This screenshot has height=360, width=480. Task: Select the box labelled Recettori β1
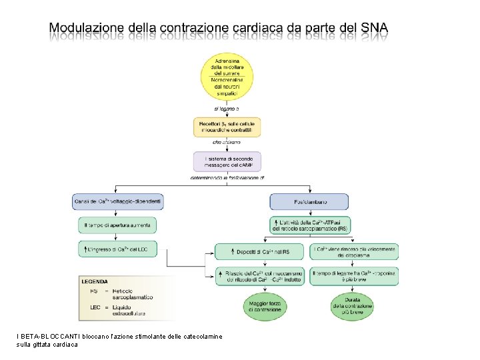[227, 127]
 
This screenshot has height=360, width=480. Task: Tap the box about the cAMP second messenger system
[227, 161]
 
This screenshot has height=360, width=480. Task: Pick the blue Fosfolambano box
[309, 201]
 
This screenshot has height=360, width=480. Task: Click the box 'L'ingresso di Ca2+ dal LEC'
[117, 249]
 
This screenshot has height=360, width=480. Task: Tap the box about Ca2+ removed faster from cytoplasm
[354, 251]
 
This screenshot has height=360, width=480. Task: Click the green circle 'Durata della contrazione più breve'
[354, 306]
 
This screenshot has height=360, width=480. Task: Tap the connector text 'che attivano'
[227, 142]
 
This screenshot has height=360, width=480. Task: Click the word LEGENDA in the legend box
[95, 281]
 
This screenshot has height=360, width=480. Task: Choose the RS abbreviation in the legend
[93, 291]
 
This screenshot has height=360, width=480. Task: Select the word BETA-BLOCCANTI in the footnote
[44, 336]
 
